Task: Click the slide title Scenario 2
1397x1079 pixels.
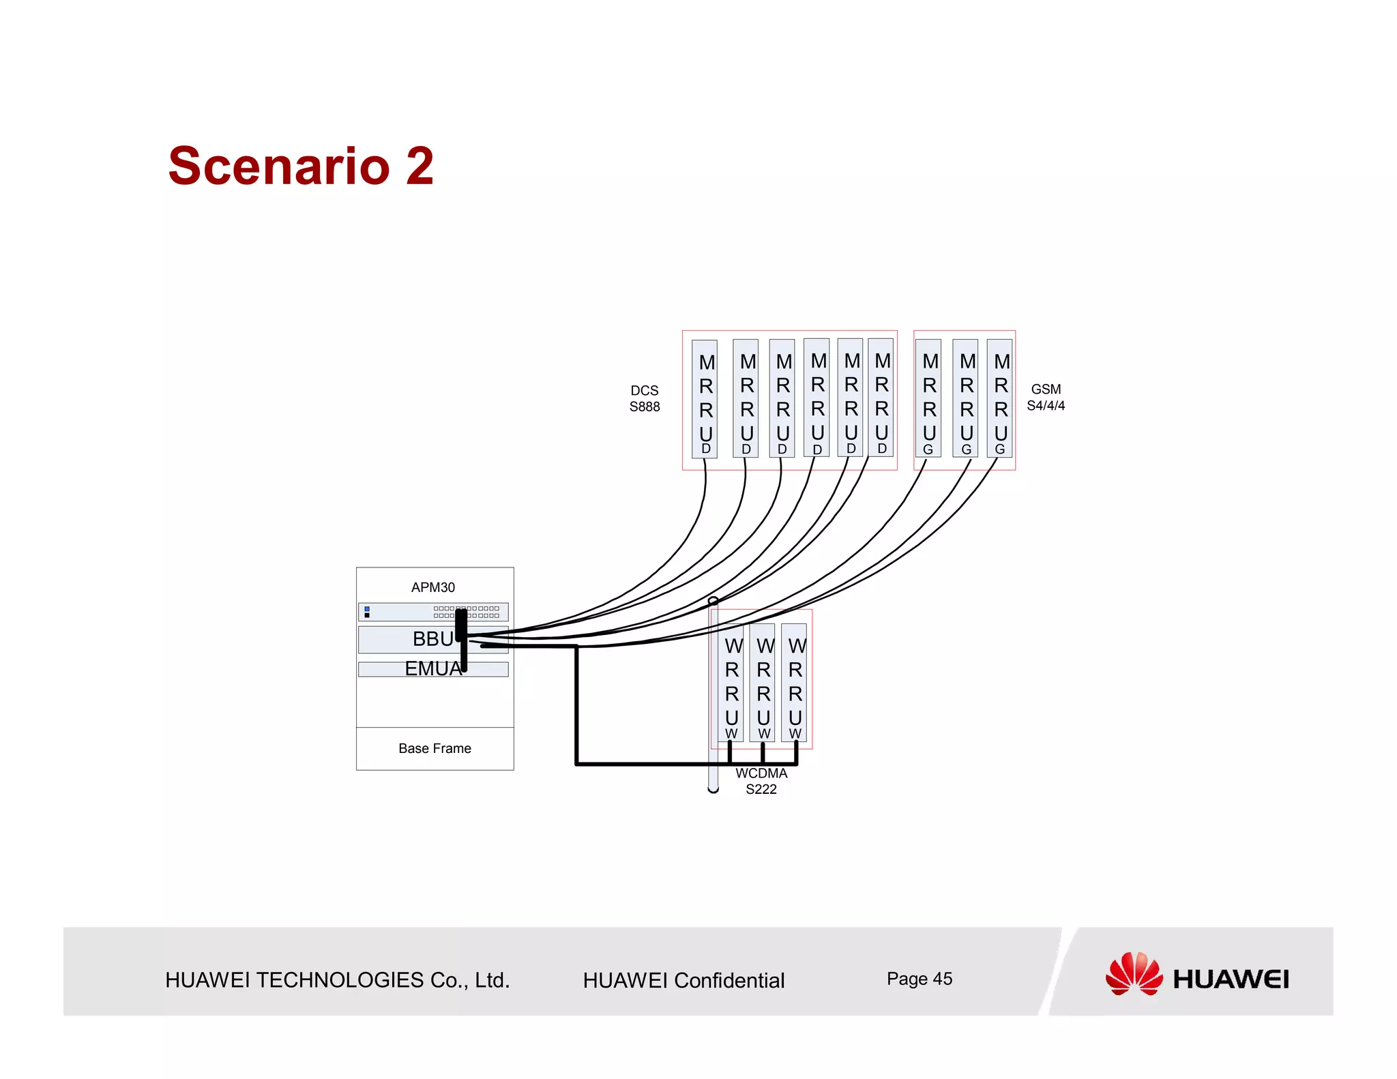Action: point(301,166)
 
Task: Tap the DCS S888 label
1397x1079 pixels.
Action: point(644,398)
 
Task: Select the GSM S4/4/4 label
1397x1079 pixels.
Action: point(1045,397)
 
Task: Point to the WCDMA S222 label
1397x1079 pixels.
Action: point(761,781)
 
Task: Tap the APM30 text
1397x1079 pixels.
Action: point(432,587)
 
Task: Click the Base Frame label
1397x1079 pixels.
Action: point(435,748)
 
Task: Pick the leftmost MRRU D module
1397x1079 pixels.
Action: point(705,399)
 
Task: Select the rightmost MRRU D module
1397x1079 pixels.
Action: point(881,398)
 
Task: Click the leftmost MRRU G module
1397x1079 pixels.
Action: point(928,398)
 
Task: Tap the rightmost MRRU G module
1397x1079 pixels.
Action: point(999,398)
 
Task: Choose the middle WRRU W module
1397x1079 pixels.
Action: point(763,682)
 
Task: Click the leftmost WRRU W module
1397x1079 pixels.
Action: point(731,682)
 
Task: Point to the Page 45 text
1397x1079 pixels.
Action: point(919,979)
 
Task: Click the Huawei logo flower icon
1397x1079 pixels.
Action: point(1134,974)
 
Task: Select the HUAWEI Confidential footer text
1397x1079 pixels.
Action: point(683,980)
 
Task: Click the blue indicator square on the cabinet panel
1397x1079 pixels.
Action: point(367,608)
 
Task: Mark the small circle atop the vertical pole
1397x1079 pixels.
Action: point(713,601)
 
